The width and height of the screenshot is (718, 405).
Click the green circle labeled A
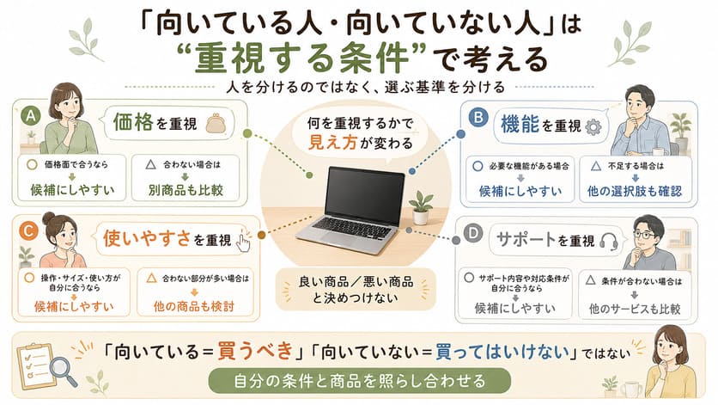click(x=31, y=116)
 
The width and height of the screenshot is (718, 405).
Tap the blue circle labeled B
click(x=478, y=118)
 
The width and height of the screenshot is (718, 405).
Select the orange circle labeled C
click(x=28, y=230)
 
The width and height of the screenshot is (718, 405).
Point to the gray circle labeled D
click(x=473, y=234)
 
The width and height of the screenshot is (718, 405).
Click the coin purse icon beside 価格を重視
click(x=216, y=123)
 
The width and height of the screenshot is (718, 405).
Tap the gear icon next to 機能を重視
click(x=593, y=127)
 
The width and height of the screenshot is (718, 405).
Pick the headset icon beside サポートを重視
click(x=609, y=241)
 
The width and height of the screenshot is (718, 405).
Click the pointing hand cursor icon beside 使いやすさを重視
click(x=243, y=242)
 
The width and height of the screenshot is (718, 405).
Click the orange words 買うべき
click(x=255, y=352)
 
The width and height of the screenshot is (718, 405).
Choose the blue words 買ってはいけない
click(x=502, y=352)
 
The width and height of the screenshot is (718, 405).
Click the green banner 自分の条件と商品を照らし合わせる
click(x=359, y=381)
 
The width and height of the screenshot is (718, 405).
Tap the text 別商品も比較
click(x=186, y=190)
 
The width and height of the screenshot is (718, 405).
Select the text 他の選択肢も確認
click(x=635, y=191)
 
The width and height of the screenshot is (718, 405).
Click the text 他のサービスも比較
click(x=635, y=309)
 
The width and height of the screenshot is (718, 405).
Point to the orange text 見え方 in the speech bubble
click(x=332, y=142)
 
